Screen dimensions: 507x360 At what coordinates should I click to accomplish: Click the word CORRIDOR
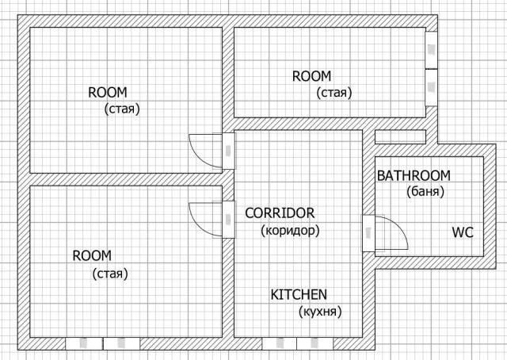[280, 213]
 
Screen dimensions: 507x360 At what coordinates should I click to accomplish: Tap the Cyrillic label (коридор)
[290, 231]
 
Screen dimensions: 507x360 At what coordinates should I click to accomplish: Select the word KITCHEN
[299, 295]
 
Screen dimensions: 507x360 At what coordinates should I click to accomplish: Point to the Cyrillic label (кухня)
[320, 312]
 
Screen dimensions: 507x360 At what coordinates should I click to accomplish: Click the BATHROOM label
[414, 176]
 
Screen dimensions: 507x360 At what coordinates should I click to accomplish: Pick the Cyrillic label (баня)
[425, 192]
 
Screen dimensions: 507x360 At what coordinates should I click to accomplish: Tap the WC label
[463, 232]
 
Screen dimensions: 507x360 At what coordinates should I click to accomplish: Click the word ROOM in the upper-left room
[108, 93]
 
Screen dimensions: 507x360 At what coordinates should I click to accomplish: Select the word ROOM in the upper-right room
[311, 76]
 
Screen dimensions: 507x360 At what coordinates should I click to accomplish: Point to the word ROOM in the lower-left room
[92, 256]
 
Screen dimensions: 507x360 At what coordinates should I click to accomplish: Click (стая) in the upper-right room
[334, 93]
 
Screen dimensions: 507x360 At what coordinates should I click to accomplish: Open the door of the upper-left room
[228, 151]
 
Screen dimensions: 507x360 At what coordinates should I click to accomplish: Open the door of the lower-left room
[228, 220]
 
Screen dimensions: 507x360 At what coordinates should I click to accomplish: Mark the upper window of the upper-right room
[431, 50]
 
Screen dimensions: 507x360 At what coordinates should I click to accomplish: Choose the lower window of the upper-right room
[431, 87]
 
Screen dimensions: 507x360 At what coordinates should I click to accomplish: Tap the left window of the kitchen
[280, 343]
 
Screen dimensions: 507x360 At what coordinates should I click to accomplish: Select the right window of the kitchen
[315, 343]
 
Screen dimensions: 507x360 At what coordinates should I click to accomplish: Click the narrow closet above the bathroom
[400, 136]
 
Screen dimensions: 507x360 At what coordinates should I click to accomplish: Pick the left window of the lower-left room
[84, 343]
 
